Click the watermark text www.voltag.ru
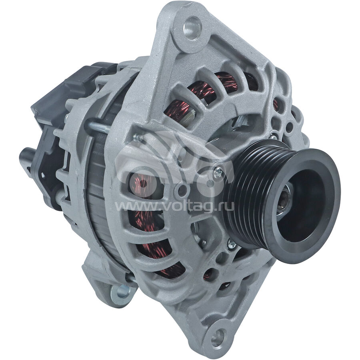point(174,207)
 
